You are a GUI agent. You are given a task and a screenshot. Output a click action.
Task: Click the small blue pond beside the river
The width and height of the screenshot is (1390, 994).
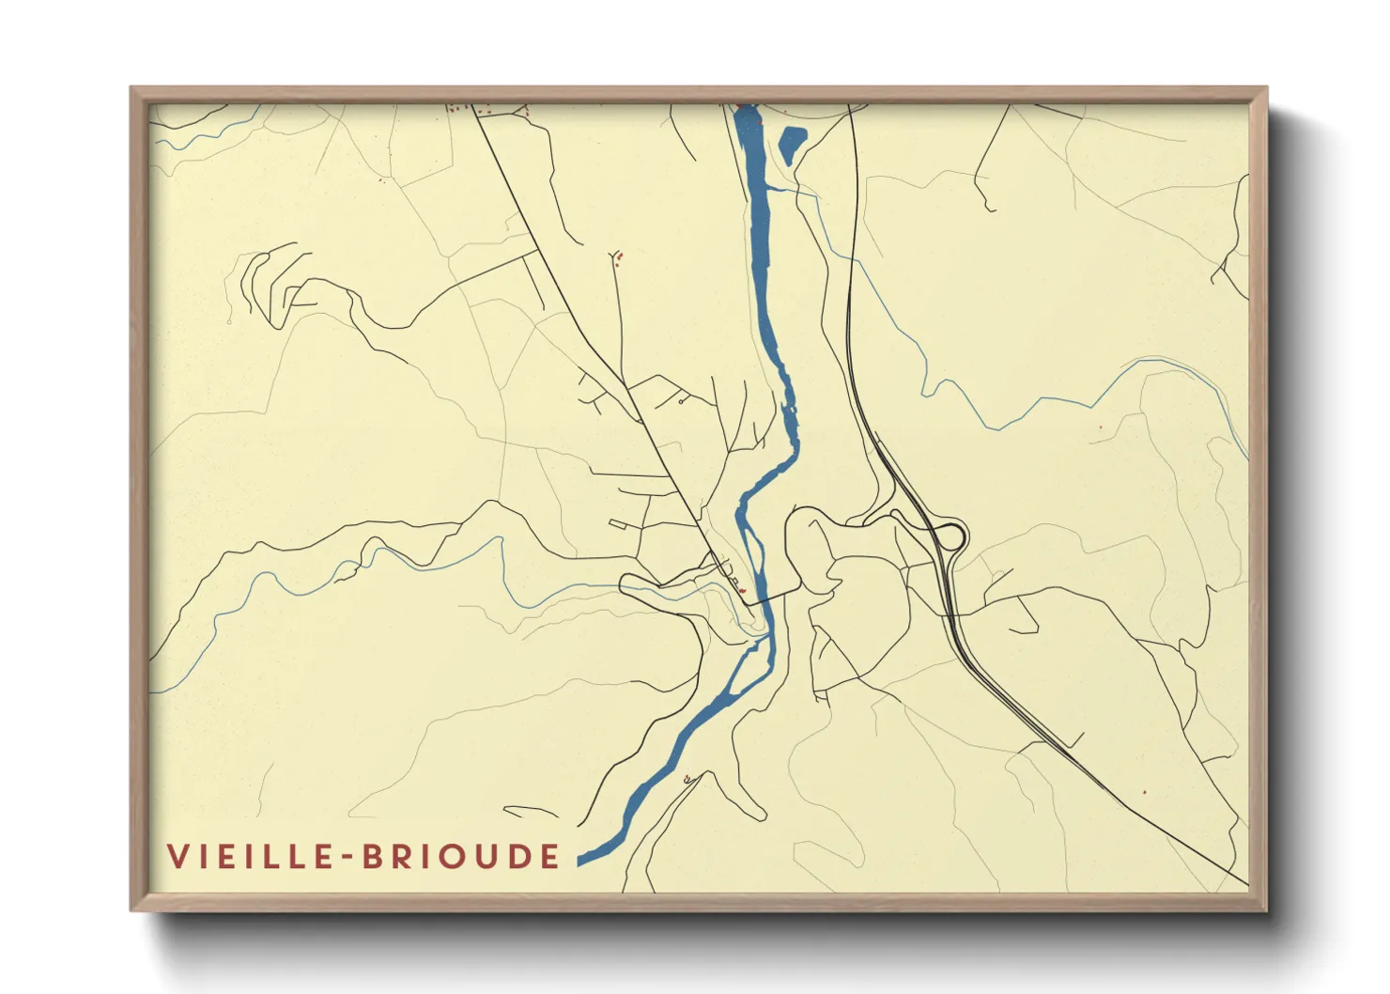(x=790, y=143)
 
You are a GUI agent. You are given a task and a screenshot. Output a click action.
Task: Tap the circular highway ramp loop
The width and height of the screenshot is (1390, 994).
(x=950, y=536)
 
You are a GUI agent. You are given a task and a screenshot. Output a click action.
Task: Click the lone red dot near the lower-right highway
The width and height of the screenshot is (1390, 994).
(x=1144, y=792)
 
